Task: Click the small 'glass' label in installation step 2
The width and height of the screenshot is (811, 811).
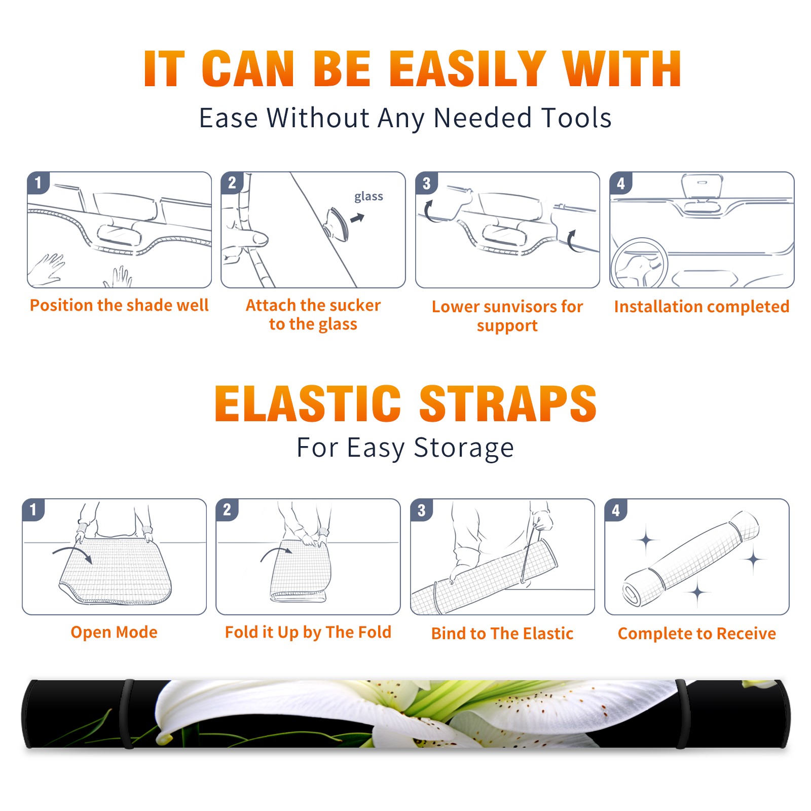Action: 368,197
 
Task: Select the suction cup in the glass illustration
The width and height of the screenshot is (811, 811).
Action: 337,224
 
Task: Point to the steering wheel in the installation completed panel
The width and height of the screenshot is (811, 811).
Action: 639,263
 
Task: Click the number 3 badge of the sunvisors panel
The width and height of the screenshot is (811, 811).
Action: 426,183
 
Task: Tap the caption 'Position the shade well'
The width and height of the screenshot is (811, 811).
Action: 119,305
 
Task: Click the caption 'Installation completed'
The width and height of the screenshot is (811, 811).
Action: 702,306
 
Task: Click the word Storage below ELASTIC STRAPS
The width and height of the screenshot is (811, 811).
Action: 464,448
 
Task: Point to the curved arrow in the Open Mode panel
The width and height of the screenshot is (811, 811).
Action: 72,554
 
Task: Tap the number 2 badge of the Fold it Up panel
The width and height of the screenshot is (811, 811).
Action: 227,509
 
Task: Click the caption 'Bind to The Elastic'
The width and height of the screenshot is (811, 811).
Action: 502,633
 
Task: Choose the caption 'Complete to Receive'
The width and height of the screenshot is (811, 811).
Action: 696,633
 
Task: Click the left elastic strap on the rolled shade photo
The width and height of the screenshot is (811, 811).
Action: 128,714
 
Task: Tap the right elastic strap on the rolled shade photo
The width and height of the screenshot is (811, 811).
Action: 682,714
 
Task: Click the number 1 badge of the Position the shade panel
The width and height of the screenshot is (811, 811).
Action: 38,182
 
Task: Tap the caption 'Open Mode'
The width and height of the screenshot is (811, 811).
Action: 114,632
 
